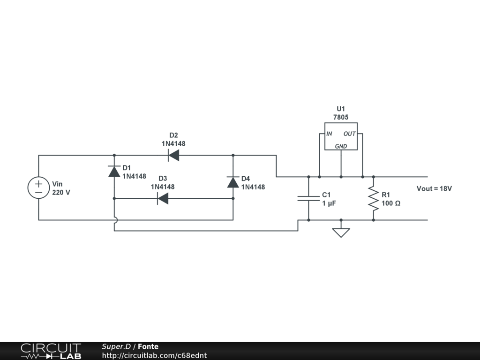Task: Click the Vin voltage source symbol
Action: pos(38,187)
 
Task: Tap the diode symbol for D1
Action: pos(114,172)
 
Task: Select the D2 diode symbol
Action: pos(173,155)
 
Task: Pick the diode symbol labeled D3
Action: pos(163,198)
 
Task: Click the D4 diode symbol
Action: pos(233,182)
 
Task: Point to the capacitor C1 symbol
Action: pos(308,198)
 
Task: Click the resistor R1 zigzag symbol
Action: pos(373,198)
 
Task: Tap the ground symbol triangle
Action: pos(341,232)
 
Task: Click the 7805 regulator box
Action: pos(341,136)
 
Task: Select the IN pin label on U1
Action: pos(330,134)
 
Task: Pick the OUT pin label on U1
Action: pos(350,134)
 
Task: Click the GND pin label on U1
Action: pos(341,146)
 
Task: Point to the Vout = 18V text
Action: pos(434,188)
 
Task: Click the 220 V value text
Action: pos(61,192)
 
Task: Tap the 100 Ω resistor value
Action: pos(391,203)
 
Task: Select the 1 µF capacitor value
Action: pos(329,203)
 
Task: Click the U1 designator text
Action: pos(341,109)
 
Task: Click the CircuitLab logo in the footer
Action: pos(51,351)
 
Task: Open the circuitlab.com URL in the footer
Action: pos(154,356)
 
